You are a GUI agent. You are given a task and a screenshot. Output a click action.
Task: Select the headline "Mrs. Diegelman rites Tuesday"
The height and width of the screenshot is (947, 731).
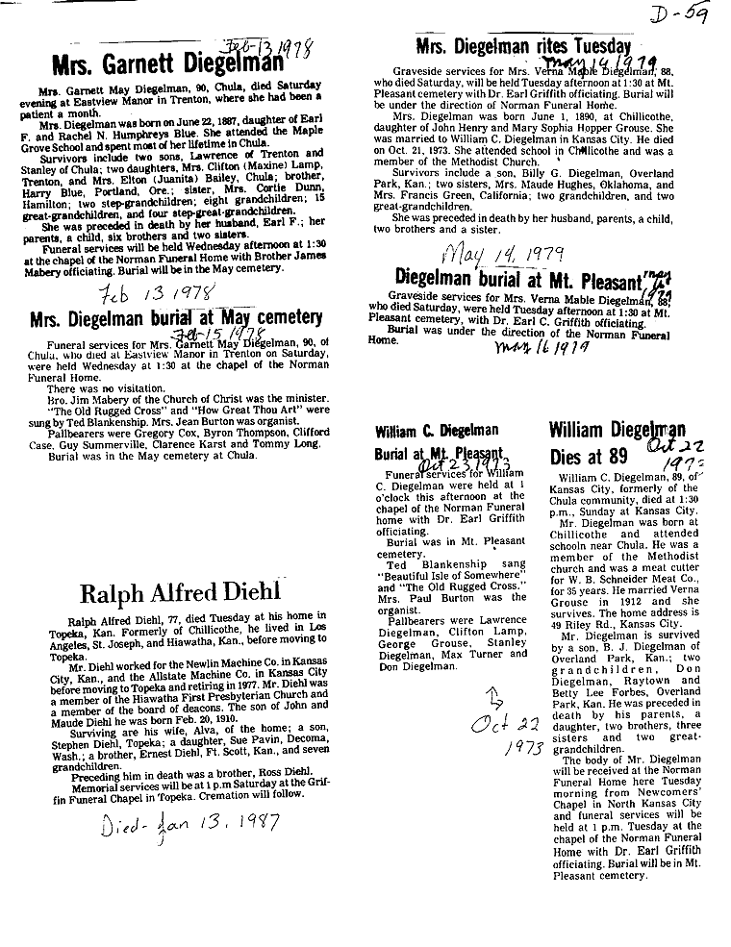pos(523,46)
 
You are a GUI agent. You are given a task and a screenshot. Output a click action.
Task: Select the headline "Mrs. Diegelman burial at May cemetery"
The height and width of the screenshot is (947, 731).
pos(175,317)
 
